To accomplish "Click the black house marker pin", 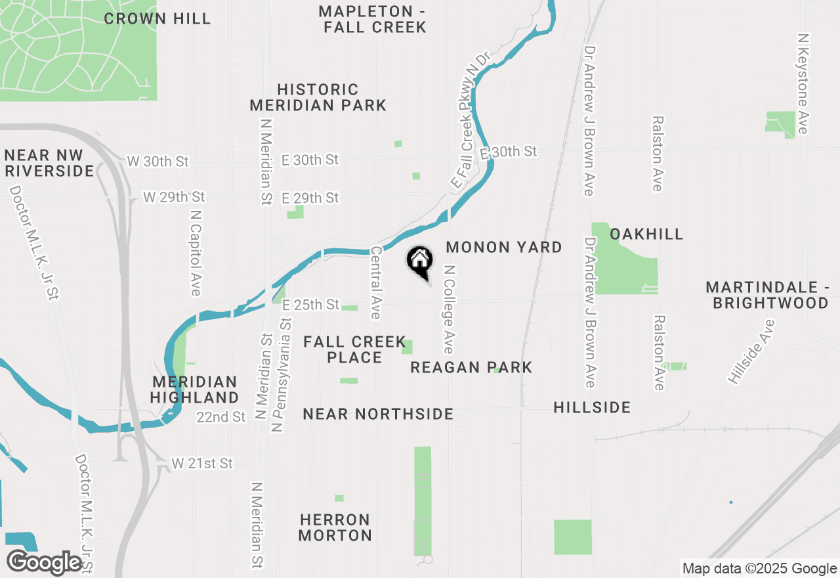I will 420,262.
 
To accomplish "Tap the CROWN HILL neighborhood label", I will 157,18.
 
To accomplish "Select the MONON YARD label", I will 504,247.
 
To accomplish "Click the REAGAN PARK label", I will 471,367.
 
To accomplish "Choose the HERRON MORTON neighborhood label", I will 335,527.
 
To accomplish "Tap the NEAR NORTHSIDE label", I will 378,414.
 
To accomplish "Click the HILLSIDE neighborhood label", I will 592,407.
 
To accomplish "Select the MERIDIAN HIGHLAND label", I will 194,389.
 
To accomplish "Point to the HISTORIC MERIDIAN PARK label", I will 318,97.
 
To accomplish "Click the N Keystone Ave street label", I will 802,83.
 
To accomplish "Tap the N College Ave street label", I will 450,309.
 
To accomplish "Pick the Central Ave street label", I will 375,282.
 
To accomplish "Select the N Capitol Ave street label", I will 195,253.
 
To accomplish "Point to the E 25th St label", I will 311,305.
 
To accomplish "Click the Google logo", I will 45,562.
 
